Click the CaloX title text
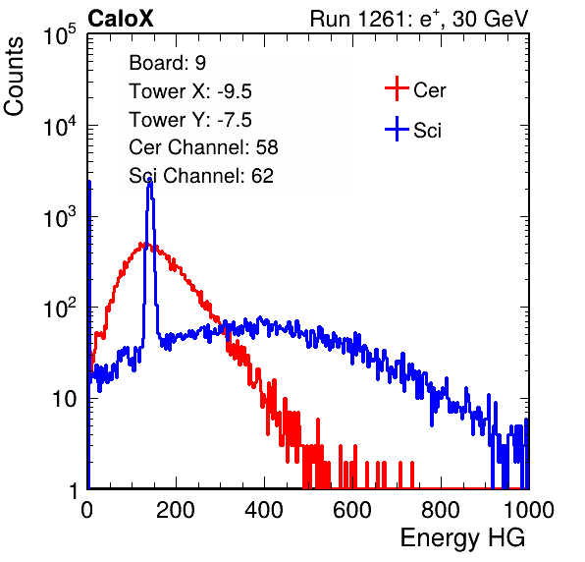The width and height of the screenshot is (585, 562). [121, 19]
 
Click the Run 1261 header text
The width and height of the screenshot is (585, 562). [419, 19]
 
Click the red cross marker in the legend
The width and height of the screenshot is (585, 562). [397, 88]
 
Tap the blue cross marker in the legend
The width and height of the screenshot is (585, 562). [397, 130]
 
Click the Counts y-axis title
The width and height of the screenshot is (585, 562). [14, 77]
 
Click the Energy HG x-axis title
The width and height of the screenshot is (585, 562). [462, 538]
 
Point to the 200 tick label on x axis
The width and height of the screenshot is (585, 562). [176, 510]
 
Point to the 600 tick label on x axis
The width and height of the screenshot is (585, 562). [352, 510]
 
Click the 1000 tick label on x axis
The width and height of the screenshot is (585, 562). [529, 510]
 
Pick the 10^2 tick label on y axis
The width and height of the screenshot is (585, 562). [60, 309]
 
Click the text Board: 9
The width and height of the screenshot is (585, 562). [167, 63]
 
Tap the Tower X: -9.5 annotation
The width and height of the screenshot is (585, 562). [190, 91]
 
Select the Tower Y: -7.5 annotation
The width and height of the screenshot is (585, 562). [190, 120]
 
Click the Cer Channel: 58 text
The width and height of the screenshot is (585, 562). [203, 147]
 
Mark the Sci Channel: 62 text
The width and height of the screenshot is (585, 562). [201, 176]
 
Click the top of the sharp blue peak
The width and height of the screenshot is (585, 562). [150, 181]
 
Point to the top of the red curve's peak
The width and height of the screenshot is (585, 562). [141, 244]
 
